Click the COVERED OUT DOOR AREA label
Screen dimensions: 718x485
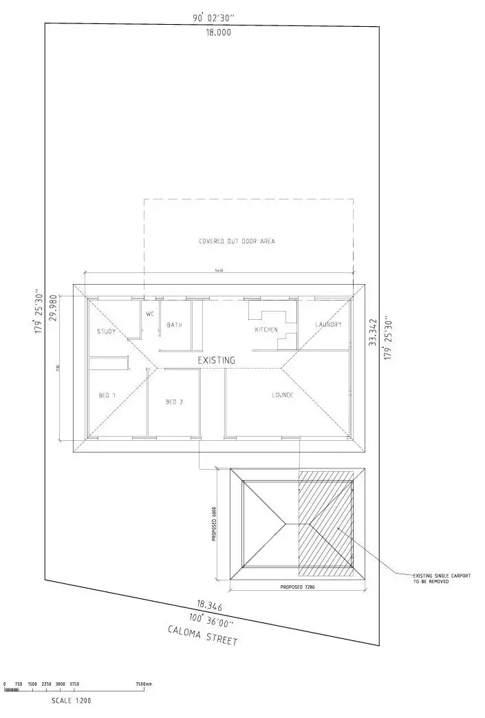coord(237,241)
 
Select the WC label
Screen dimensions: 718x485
coord(150,314)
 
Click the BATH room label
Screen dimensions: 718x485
coord(174,325)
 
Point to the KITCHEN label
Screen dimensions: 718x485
coord(266,329)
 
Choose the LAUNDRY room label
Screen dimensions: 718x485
coord(329,325)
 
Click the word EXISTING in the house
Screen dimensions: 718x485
coord(216,360)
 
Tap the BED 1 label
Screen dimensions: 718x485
coord(108,395)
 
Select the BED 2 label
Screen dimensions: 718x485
coord(175,402)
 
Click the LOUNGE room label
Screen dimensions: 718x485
coord(283,395)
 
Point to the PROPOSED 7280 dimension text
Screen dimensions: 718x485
coord(298,588)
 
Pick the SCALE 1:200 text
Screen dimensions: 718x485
coord(71,701)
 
